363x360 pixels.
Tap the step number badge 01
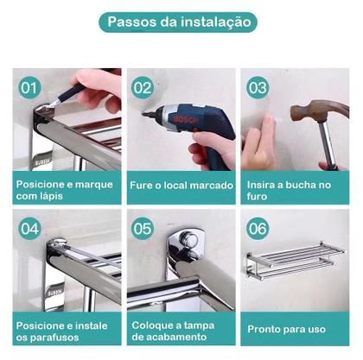point(30,87)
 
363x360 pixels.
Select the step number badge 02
point(143,87)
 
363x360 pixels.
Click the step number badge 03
point(258,87)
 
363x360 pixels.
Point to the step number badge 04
point(30,229)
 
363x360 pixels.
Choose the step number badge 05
point(143,229)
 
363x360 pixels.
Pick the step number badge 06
point(258,229)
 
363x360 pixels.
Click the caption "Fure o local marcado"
point(181,184)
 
